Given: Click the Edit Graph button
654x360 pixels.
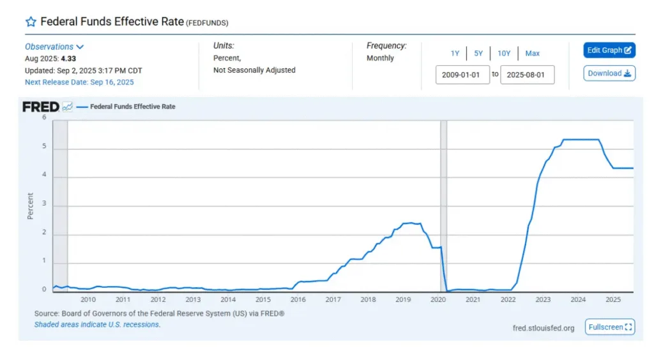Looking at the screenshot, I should point(609,50).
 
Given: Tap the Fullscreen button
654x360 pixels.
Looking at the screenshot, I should point(609,327).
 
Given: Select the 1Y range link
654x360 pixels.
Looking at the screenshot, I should point(455,54).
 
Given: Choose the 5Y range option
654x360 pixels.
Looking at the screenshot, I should point(478,54).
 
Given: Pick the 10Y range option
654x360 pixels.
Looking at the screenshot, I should point(504,54).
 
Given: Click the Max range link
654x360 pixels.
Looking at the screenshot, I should point(532,54).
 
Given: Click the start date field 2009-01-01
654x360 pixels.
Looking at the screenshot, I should point(462,74).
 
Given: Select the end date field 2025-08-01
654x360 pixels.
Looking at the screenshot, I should point(527,74).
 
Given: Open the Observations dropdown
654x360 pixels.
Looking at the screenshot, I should point(54,47).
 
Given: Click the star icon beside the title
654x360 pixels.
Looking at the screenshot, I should point(31,22).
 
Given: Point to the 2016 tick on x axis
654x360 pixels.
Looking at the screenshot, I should point(298,299).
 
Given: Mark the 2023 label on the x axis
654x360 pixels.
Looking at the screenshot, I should point(543,299).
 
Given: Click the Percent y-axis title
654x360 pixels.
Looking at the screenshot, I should point(30,205).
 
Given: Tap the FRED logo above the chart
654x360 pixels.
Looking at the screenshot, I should point(41,107).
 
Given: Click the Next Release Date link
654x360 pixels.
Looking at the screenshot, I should point(79,82).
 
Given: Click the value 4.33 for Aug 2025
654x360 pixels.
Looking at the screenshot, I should point(69,59).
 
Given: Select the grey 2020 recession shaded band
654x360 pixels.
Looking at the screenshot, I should point(443,204).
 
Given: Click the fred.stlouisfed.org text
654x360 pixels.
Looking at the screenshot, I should point(544,328).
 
